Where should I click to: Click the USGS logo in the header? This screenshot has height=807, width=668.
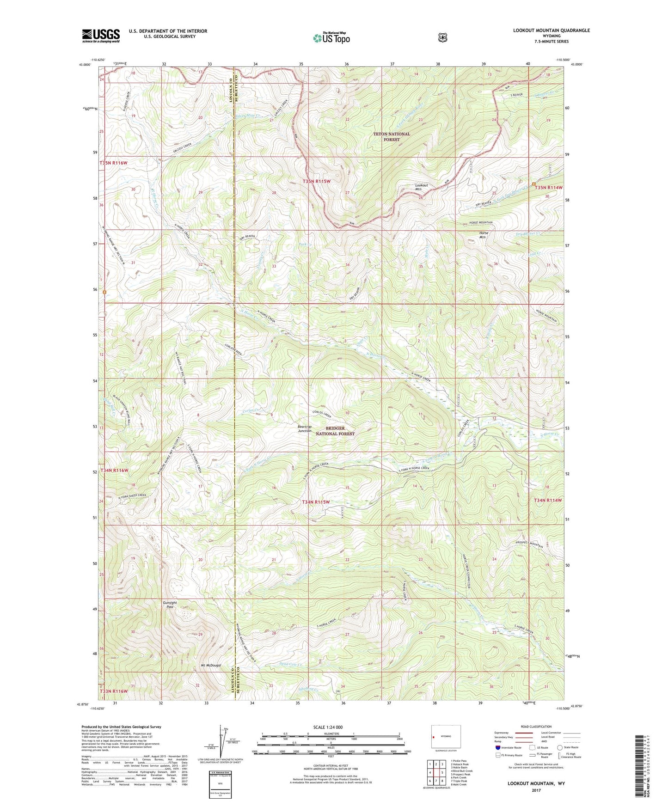[x=101, y=36]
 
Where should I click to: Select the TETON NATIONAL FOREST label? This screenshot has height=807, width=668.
[x=392, y=137]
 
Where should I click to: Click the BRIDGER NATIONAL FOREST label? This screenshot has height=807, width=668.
[x=335, y=431]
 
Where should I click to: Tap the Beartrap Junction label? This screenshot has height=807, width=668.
[x=304, y=428]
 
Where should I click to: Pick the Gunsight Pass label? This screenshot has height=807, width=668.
[x=170, y=605]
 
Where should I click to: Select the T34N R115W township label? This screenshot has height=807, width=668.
[x=316, y=502]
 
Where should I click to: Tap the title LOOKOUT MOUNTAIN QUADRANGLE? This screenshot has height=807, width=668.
[x=551, y=31]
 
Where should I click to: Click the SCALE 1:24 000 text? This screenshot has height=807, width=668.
[x=328, y=728]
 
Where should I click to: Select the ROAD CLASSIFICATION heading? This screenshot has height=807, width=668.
[x=536, y=727]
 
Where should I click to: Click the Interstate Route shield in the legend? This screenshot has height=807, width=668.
[x=497, y=747]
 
